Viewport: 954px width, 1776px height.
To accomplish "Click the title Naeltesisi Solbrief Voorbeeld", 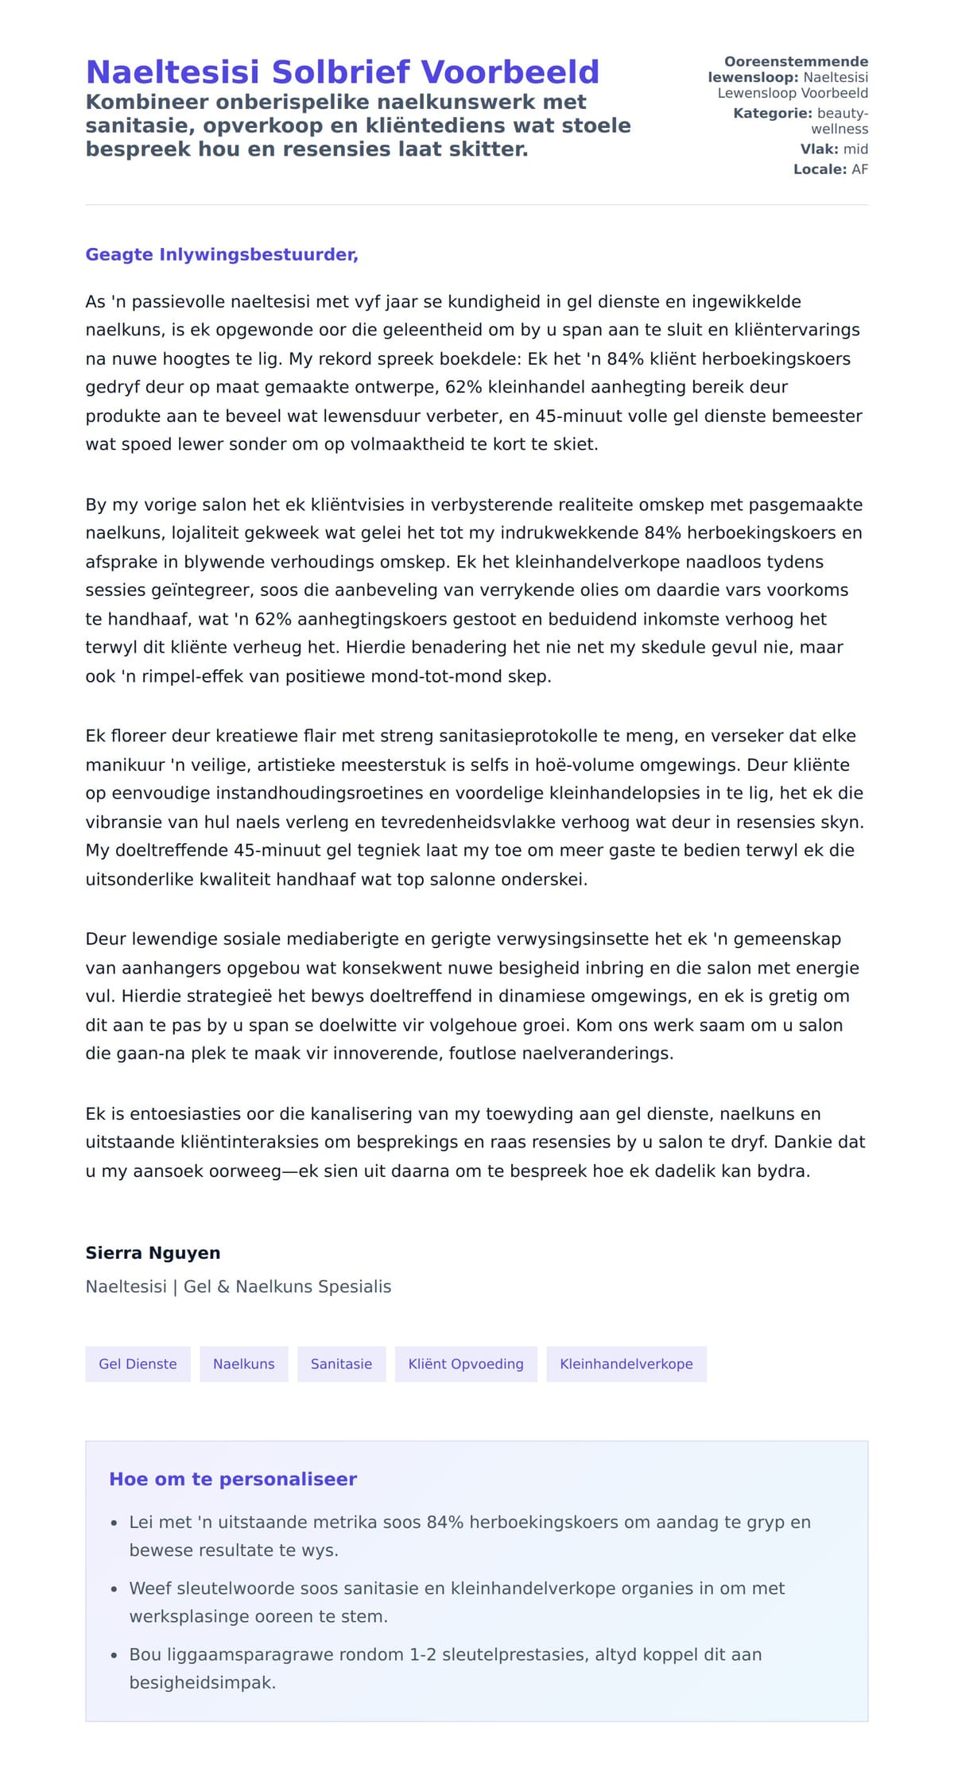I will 342,72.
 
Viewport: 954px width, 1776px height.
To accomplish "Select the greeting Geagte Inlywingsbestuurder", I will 222,254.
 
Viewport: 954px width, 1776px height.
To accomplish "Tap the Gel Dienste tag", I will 138,1364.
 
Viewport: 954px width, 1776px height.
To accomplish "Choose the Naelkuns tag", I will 243,1364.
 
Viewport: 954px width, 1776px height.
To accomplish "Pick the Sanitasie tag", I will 341,1364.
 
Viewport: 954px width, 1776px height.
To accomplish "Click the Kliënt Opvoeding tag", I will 466,1364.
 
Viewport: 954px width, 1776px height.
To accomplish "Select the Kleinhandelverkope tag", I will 626,1364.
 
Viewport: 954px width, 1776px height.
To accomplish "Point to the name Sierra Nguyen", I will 153,1253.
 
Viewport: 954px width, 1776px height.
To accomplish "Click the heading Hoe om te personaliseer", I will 233,1479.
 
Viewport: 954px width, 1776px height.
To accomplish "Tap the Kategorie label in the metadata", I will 772,114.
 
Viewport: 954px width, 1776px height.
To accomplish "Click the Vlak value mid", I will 855,149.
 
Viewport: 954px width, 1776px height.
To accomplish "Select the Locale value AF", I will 859,169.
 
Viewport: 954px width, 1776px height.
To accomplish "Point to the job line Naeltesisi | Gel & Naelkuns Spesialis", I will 238,1287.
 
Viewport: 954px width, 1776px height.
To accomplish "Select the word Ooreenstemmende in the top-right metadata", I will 796,62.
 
